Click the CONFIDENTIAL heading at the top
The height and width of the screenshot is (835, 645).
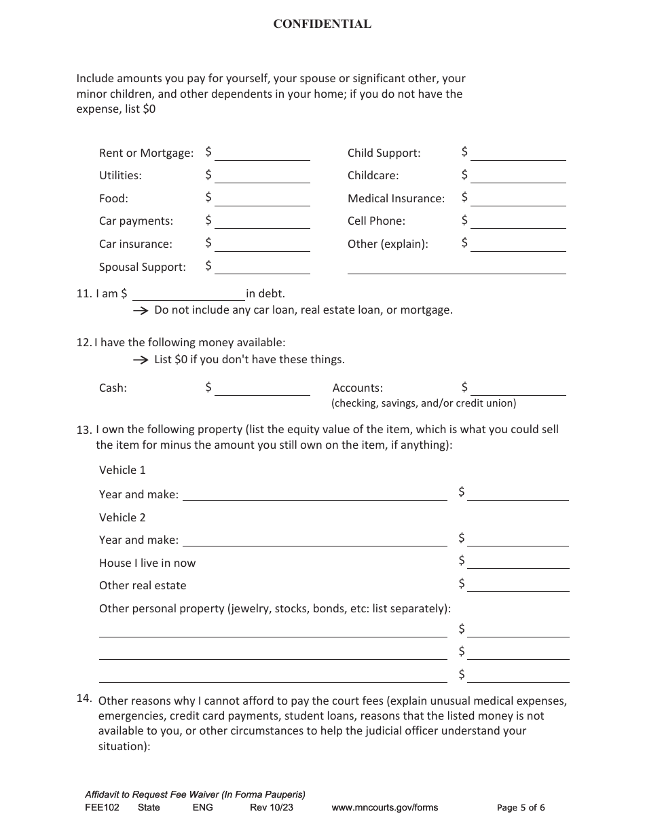pyautogui.click(x=322, y=24)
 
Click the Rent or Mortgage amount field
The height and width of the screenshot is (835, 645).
pyautogui.click(x=262, y=153)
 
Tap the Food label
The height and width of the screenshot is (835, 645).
pyautogui.click(x=113, y=198)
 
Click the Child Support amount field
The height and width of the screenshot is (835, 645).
pyautogui.click(x=518, y=153)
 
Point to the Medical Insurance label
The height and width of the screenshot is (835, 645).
pyautogui.click(x=396, y=198)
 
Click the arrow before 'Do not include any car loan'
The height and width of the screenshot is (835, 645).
pyautogui.click(x=140, y=310)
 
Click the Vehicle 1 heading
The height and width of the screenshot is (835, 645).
pyautogui.click(x=122, y=470)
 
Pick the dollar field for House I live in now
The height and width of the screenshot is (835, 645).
pyautogui.click(x=518, y=562)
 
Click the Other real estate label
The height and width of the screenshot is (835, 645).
pyautogui.click(x=143, y=585)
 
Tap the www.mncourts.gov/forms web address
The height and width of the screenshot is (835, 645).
pyautogui.click(x=384, y=808)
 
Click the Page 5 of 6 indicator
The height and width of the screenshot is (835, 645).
pyautogui.click(x=521, y=808)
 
